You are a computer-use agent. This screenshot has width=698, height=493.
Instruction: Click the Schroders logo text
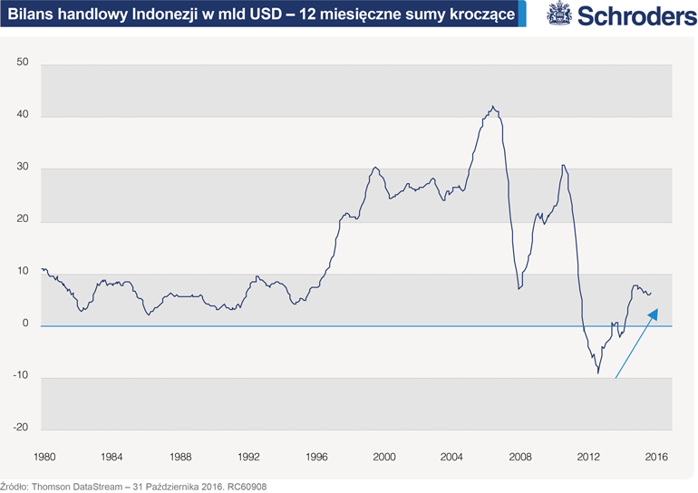(x=632, y=16)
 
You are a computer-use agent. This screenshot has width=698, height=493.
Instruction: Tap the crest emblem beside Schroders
(x=559, y=15)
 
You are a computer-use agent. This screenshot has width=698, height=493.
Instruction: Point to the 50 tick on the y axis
(x=24, y=63)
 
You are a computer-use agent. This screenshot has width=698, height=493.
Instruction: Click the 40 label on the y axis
(x=24, y=115)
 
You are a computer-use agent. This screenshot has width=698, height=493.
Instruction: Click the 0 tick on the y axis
(x=26, y=324)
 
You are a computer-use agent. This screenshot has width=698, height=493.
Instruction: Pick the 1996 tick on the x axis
(x=316, y=456)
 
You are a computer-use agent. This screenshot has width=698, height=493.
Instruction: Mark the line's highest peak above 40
(x=492, y=106)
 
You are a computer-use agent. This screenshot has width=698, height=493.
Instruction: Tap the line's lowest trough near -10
(x=598, y=372)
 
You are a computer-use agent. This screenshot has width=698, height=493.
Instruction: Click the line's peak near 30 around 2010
(x=564, y=165)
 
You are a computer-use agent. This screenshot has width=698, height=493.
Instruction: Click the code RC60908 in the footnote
(x=247, y=485)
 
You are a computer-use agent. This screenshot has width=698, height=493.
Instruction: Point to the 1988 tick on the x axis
(x=180, y=456)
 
